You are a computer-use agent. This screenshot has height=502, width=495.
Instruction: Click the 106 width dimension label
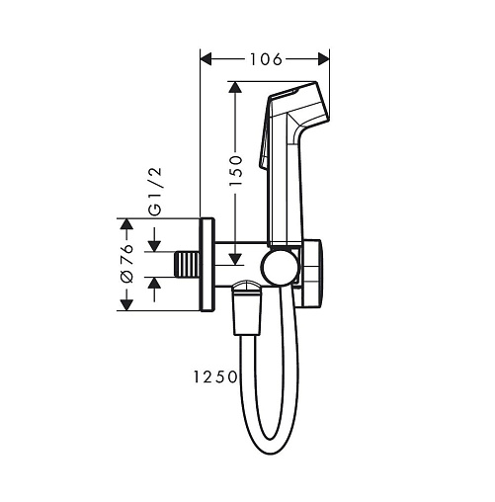click(x=266, y=59)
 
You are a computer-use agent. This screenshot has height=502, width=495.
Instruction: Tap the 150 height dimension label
click(x=236, y=171)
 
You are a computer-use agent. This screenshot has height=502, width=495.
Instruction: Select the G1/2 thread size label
click(x=155, y=192)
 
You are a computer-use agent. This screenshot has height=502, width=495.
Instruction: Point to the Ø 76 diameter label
click(x=127, y=263)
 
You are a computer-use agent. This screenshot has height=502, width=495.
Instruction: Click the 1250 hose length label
click(x=215, y=377)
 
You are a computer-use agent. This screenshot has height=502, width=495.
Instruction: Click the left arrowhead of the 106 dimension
click(x=206, y=59)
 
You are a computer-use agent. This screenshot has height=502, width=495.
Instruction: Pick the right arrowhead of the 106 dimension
click(x=324, y=59)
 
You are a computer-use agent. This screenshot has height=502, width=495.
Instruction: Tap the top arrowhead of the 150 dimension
click(x=235, y=87)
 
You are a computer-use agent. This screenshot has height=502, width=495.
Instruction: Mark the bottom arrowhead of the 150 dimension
click(x=235, y=260)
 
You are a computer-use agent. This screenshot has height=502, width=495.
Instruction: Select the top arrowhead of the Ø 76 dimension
click(x=126, y=223)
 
